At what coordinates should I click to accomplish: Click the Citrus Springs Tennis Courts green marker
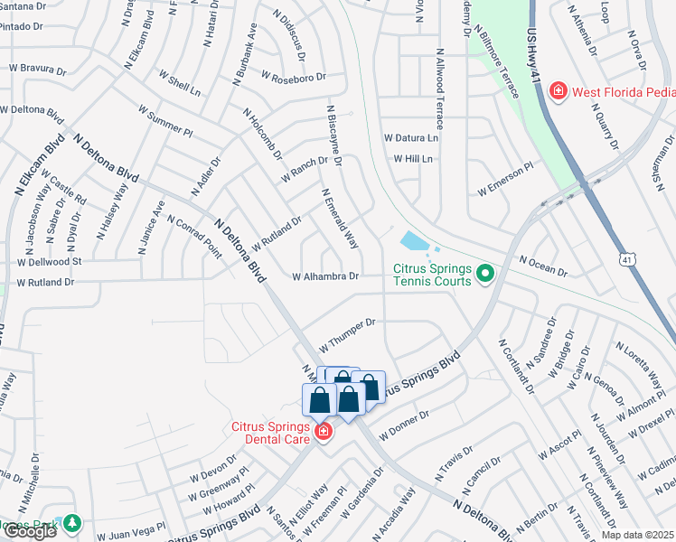(485, 272)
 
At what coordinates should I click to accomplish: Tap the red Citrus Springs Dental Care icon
(324, 434)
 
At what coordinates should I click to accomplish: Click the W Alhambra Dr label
(325, 276)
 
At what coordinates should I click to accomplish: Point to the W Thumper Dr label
(346, 329)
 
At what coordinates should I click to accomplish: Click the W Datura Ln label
(410, 138)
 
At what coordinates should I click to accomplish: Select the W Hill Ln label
(413, 159)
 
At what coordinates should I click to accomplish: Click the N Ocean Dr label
(543, 266)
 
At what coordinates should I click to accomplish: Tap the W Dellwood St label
(49, 262)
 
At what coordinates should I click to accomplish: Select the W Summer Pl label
(165, 120)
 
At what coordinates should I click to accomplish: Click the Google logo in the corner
(30, 532)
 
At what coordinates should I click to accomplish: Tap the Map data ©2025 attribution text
(636, 535)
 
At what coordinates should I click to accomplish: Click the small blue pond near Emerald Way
(412, 241)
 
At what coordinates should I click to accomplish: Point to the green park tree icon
(70, 523)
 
